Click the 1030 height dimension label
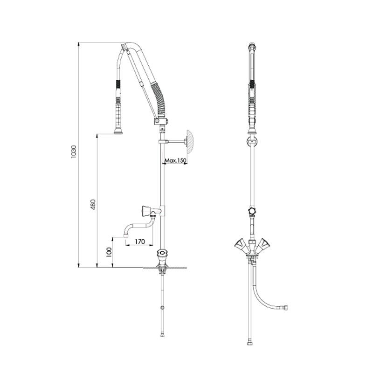tap(74, 152)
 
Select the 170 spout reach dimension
tap(139, 242)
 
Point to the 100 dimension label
tap(109, 252)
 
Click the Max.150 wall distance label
tap(176, 160)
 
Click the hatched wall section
tap(190, 141)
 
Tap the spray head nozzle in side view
tap(118, 131)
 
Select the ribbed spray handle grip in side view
tap(118, 114)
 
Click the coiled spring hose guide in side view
tap(158, 99)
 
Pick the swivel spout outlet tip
tap(125, 236)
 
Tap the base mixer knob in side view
tap(162, 253)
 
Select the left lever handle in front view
tap(240, 244)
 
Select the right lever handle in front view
tap(263, 244)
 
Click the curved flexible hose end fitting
tap(285, 307)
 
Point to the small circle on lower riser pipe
tap(162, 308)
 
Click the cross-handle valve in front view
tap(252, 211)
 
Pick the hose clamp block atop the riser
tap(161, 121)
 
